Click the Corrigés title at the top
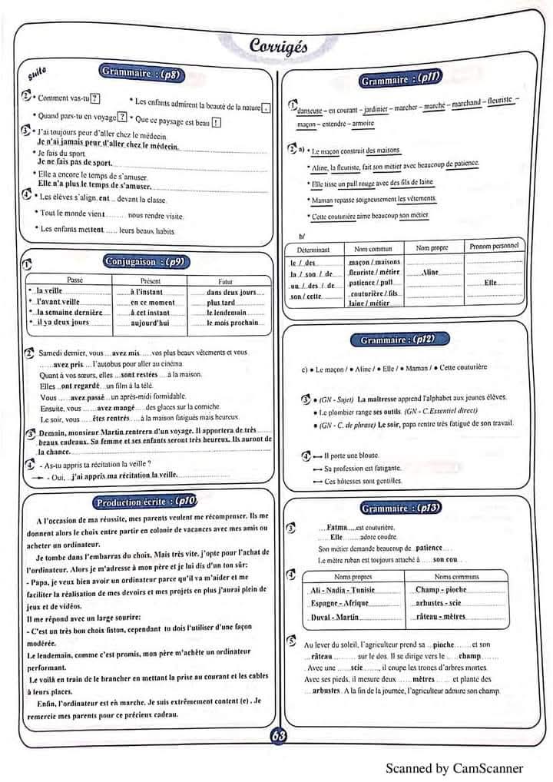pyautogui.click(x=278, y=47)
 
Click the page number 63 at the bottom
pyautogui.click(x=278, y=735)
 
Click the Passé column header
pyautogui.click(x=75, y=280)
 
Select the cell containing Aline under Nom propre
pyautogui.click(x=430, y=272)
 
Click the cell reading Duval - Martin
pyautogui.click(x=336, y=617)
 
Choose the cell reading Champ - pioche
pyautogui.click(x=441, y=590)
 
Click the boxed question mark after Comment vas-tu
pyautogui.click(x=95, y=98)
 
